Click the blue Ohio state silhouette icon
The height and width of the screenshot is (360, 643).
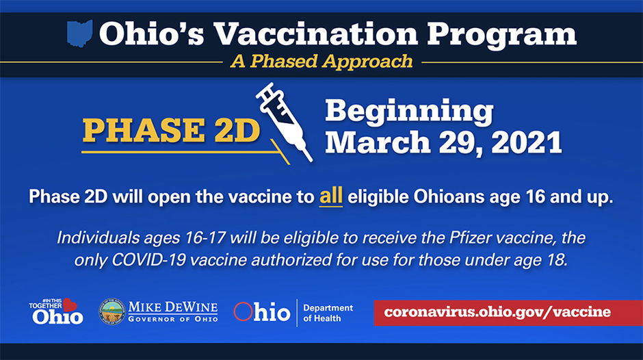pyautogui.click(x=79, y=34)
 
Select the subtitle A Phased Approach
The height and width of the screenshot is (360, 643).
pyautogui.click(x=321, y=62)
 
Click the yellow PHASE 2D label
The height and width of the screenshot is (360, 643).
pyautogui.click(x=171, y=131)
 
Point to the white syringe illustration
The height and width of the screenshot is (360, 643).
pyautogui.click(x=284, y=122)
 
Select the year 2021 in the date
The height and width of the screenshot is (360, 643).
pyautogui.click(x=527, y=143)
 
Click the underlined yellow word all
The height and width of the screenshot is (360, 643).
pyautogui.click(x=331, y=196)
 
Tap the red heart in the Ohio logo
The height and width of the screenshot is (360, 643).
pyautogui.click(x=70, y=305)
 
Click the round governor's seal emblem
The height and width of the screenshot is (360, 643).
pyautogui.click(x=112, y=311)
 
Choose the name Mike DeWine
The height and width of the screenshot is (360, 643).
pyautogui.click(x=173, y=307)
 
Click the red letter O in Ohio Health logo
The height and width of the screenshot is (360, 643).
pyautogui.click(x=243, y=311)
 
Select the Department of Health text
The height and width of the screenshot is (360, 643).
pyautogui.click(x=328, y=313)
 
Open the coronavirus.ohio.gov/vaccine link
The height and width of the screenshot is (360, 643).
pyautogui.click(x=497, y=312)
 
